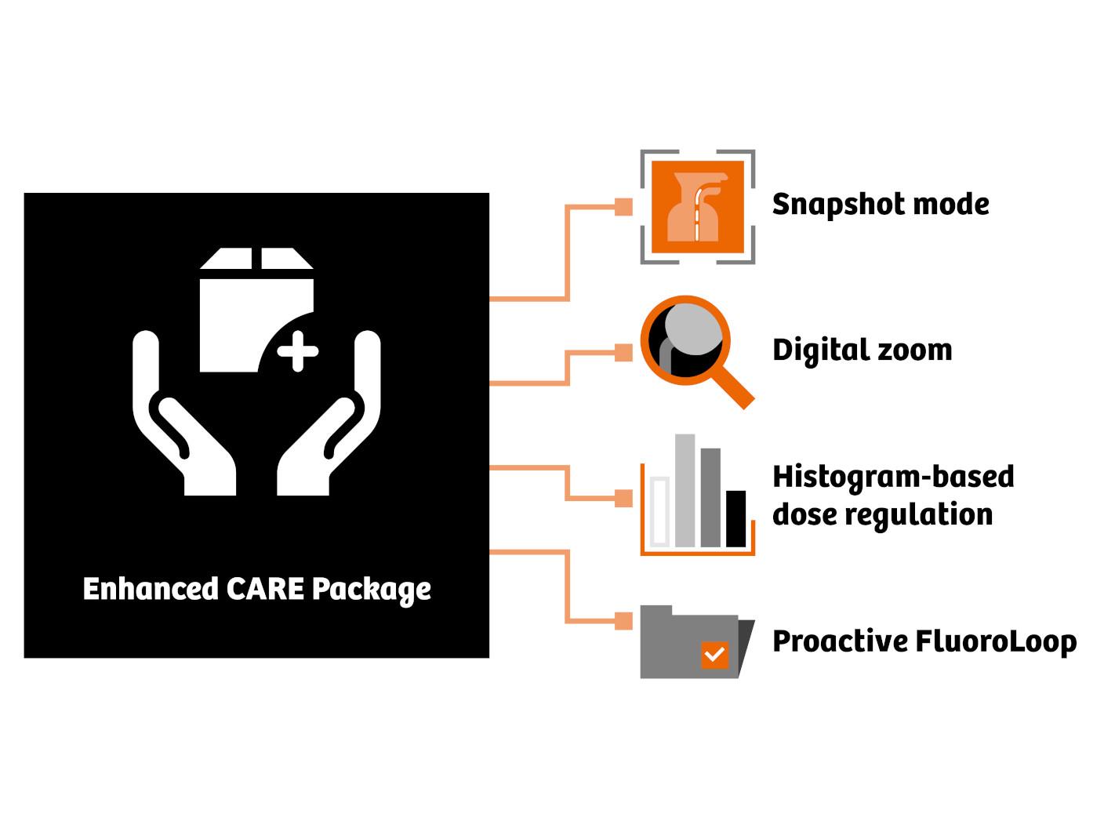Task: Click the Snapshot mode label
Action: (x=880, y=205)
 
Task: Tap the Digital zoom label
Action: (x=862, y=350)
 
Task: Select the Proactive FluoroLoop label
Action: (x=924, y=641)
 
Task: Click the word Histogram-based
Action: (x=892, y=477)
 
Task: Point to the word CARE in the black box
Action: (x=264, y=589)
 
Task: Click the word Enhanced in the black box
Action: (x=150, y=589)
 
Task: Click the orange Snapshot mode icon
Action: (x=697, y=207)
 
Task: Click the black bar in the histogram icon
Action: (x=735, y=518)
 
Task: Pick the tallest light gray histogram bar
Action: (x=685, y=490)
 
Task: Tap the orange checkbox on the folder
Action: (x=714, y=654)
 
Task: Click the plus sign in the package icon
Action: (x=298, y=351)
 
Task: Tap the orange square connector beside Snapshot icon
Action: (x=623, y=207)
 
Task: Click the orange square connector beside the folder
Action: (x=623, y=621)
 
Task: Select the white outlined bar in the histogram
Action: (x=659, y=511)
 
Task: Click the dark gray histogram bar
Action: (x=710, y=497)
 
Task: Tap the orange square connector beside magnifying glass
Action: (x=623, y=352)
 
